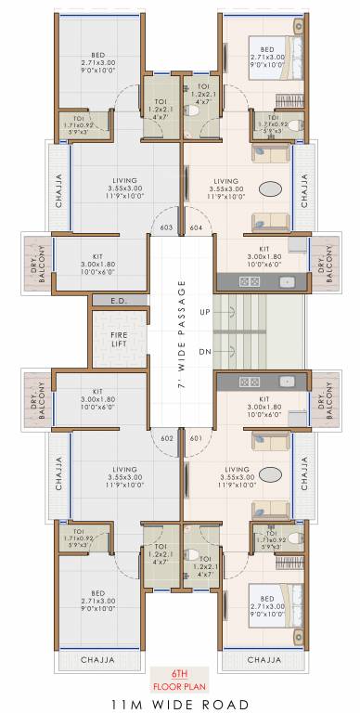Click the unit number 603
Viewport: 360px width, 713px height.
167,227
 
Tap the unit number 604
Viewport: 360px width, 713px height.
195,227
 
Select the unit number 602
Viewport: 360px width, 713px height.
167,437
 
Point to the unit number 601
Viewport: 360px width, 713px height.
195,437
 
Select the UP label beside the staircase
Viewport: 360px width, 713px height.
205,311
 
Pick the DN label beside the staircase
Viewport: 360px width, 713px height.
205,351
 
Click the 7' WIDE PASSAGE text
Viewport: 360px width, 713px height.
182,331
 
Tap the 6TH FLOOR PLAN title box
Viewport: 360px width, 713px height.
180,680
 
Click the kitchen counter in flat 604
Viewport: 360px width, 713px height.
255,280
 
